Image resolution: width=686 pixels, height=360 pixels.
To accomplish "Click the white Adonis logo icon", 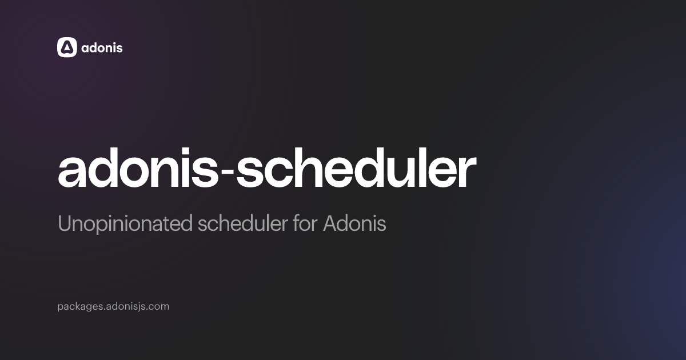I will click(67, 47).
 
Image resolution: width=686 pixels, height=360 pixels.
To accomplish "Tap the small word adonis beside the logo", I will click(102, 47).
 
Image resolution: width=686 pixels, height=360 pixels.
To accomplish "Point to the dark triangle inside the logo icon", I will click(67, 48).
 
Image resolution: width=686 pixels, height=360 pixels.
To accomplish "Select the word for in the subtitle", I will click(305, 224).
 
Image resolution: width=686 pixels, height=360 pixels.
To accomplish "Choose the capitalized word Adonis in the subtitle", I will click(354, 224).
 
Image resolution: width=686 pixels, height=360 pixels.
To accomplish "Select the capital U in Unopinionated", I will click(63, 224).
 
